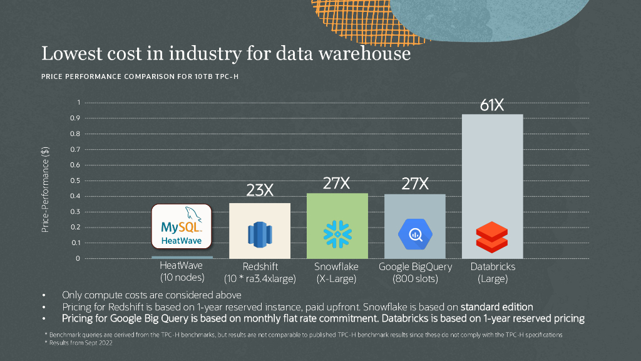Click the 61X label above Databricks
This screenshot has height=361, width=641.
(492, 105)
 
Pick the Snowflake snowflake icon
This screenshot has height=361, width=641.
(337, 234)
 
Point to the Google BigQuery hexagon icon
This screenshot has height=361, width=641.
(415, 234)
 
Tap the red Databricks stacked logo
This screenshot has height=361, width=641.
(492, 236)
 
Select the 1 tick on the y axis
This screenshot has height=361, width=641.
(78, 103)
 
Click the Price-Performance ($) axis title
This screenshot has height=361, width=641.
(45, 190)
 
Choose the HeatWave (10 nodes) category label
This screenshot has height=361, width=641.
(182, 273)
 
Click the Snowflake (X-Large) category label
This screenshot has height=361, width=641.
(337, 273)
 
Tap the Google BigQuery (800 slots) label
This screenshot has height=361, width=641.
(415, 273)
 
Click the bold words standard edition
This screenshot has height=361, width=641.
(496, 307)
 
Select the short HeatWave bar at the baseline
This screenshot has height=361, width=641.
(182, 257)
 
